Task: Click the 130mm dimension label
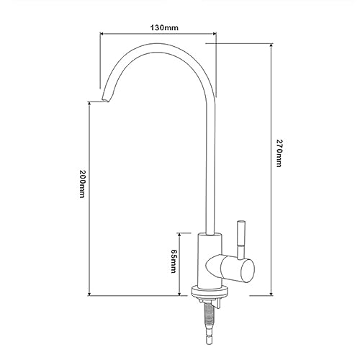click(164, 28)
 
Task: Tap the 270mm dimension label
click(279, 153)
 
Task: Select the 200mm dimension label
click(82, 184)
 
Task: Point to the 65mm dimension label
click(174, 261)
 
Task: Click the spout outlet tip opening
click(106, 100)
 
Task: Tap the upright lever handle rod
click(240, 240)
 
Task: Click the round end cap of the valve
click(248, 271)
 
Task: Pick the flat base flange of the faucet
click(210, 292)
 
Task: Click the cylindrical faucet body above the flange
click(210, 261)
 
